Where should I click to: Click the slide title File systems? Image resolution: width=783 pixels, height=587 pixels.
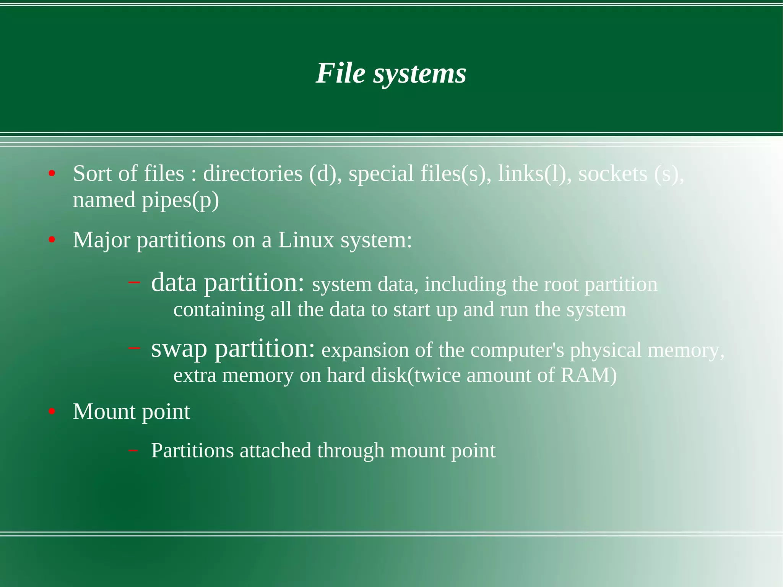(x=391, y=73)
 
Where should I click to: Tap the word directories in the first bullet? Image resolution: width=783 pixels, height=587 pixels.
(x=252, y=174)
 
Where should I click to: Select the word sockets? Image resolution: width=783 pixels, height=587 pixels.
(x=612, y=174)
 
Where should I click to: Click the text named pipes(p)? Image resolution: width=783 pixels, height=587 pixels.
(x=146, y=200)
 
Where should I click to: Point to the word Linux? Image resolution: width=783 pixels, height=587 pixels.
(x=306, y=240)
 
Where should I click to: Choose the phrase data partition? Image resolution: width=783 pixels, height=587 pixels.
(x=228, y=283)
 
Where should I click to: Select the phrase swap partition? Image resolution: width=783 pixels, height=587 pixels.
(x=233, y=348)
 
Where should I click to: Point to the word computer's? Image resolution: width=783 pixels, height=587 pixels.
(x=517, y=350)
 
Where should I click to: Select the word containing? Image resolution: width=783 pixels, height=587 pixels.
(x=219, y=310)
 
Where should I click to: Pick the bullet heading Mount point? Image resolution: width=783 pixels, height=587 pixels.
(x=132, y=412)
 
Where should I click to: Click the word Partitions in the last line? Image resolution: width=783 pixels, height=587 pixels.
(x=192, y=450)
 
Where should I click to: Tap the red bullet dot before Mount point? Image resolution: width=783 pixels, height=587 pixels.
(x=52, y=412)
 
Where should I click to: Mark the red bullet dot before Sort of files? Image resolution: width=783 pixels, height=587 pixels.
(x=52, y=174)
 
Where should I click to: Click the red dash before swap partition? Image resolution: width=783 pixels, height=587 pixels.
(x=134, y=348)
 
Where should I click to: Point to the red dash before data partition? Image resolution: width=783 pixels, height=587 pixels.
(x=134, y=283)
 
